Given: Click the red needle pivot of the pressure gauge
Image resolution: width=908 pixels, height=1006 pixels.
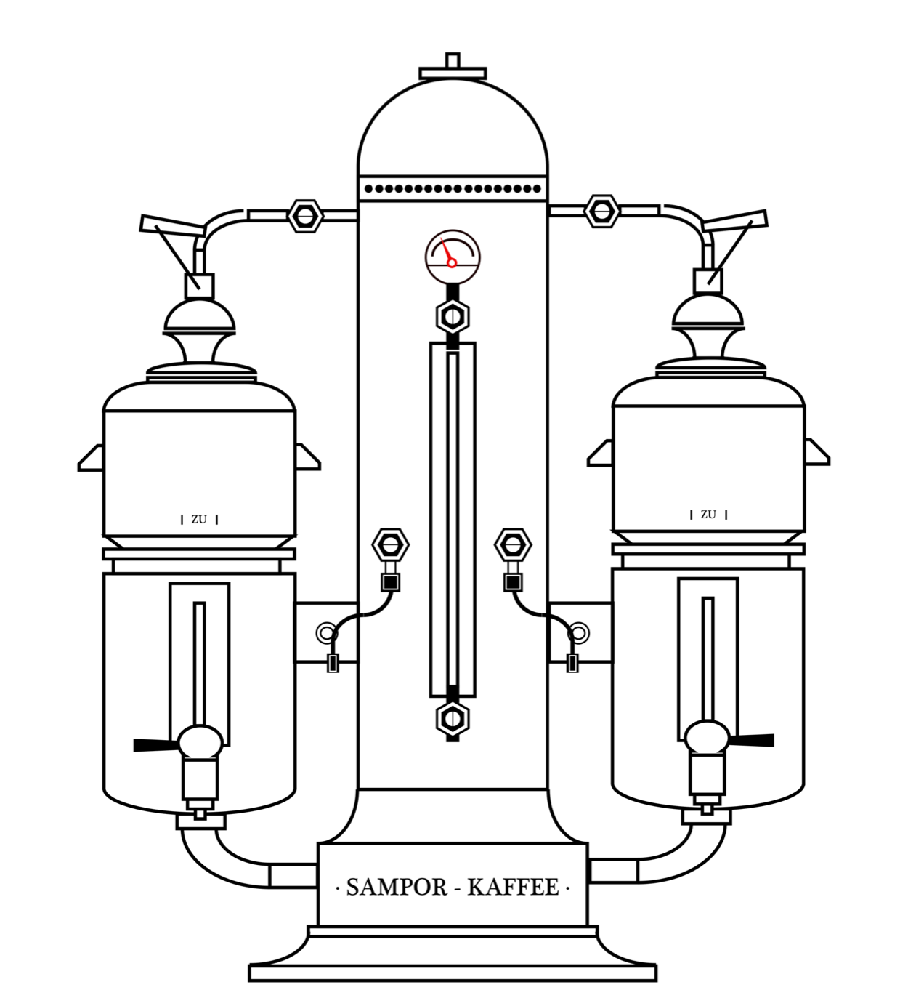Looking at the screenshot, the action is tap(452, 262).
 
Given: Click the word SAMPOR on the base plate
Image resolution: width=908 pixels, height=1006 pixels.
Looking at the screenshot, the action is tap(396, 887).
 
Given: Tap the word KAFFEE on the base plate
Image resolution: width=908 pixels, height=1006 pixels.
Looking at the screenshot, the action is tap(513, 887).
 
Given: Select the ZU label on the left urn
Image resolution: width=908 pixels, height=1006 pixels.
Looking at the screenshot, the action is tap(199, 520).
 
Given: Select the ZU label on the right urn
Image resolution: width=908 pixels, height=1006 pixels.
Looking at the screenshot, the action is tap(708, 515).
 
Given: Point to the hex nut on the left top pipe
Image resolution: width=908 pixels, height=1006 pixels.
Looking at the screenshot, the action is tap(305, 216).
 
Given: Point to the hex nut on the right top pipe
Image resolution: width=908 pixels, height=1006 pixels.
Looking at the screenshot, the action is tap(601, 211).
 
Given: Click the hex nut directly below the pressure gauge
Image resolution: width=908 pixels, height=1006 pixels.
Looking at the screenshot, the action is tap(453, 316).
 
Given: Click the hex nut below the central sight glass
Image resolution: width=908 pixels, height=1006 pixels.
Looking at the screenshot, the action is tap(453, 719).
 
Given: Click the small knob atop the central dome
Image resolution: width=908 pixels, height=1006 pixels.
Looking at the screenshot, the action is tap(453, 60).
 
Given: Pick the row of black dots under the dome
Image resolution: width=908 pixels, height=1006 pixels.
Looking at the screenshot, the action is tap(453, 188).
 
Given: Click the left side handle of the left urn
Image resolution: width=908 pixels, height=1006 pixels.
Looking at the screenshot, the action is tap(91, 458).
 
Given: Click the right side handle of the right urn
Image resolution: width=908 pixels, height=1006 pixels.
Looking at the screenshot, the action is tap(816, 452).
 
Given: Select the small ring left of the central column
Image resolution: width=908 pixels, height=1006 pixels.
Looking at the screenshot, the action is tap(326, 633).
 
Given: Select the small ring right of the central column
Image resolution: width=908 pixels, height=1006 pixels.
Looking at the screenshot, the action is tap(579, 633).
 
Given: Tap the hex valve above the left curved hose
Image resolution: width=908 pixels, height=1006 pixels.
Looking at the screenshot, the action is tap(391, 544).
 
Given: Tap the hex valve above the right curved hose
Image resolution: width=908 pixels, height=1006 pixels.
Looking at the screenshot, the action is tap(513, 544).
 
